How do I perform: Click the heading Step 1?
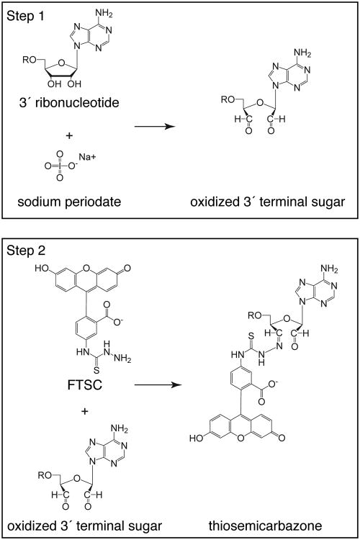tap(26, 15)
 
